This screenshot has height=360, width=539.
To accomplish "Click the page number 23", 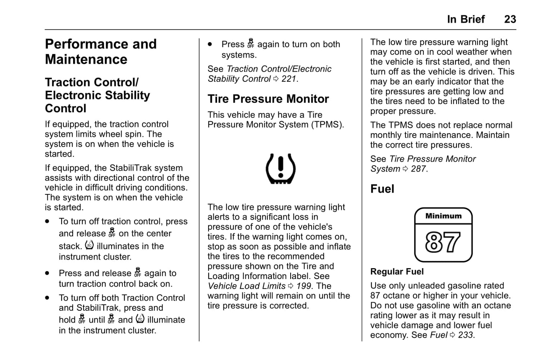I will [510, 19].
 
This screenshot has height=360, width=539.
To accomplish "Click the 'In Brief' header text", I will [466, 19].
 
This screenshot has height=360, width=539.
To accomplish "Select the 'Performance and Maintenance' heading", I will [101, 51].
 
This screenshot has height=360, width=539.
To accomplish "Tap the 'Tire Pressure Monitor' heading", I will [268, 99].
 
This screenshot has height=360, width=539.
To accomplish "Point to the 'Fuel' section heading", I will [382, 189].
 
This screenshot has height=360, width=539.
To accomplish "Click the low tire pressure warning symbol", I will [281, 169].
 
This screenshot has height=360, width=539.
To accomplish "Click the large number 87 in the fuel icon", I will [443, 242].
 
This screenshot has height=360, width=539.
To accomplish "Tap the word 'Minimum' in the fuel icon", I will [443, 216].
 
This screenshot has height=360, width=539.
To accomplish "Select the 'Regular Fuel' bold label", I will [397, 272].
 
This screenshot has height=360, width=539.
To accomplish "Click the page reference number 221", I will [289, 79].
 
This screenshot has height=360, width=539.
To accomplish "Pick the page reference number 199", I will [304, 286].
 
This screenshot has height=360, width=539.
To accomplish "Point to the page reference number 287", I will [418, 169].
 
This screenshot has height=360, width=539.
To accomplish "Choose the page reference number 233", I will [466, 335].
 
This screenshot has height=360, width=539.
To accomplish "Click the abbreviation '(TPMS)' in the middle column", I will [327, 125].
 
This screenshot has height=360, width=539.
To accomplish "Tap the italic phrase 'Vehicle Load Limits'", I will [247, 286].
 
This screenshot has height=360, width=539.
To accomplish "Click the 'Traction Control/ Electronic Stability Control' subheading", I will [97, 95].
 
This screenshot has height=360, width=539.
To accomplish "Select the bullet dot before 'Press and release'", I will [47, 273].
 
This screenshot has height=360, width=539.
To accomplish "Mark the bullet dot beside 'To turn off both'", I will [47, 298].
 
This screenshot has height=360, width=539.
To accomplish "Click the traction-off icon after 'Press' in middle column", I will [251, 44].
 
